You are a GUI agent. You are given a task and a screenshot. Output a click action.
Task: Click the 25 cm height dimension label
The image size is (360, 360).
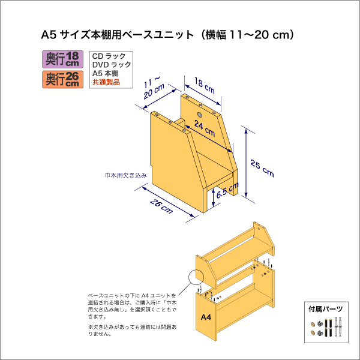(x=263, y=169)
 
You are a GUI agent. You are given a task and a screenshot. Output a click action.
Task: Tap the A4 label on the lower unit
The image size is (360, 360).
(x=205, y=317)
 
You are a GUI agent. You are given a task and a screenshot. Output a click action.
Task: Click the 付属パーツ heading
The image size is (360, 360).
(x=326, y=310)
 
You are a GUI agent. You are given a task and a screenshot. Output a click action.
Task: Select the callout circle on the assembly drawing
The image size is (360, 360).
(x=197, y=278)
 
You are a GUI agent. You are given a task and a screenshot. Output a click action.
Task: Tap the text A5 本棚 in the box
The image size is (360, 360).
(x=106, y=74)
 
